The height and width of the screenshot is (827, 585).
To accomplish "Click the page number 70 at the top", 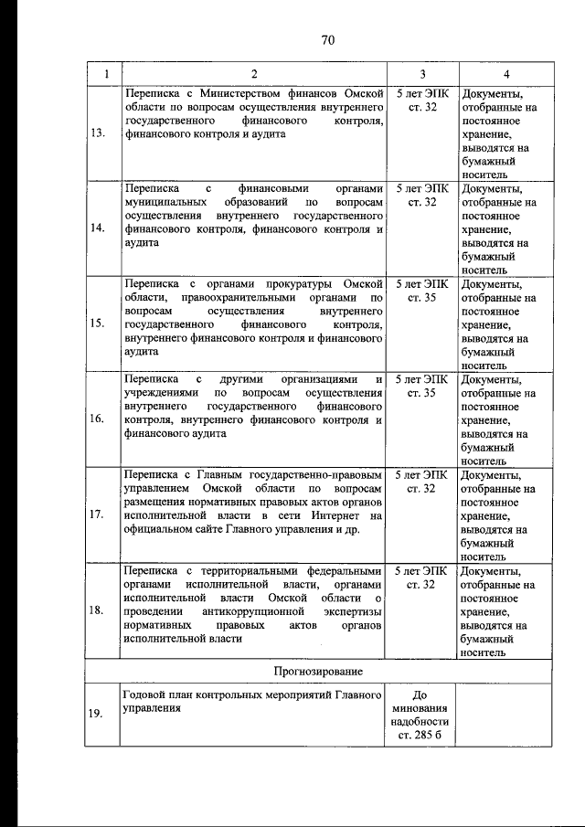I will (x=329, y=39).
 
